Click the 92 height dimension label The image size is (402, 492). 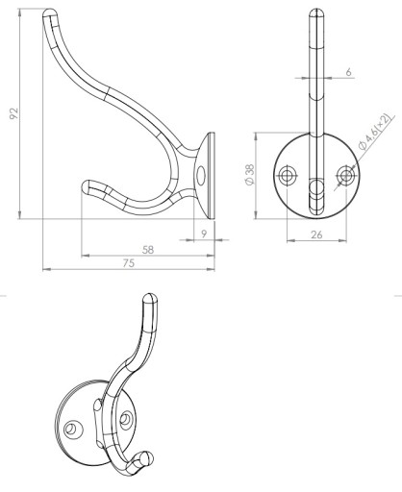13,113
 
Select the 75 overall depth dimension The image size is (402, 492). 129,263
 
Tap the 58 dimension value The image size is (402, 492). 148,250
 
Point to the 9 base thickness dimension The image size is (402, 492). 204,234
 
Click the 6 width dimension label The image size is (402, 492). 348,72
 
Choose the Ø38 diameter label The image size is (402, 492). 249,175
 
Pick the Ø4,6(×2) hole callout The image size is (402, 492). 376,132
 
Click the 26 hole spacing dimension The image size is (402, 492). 316,234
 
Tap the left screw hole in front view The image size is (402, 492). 288,175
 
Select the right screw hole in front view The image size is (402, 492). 345,175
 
